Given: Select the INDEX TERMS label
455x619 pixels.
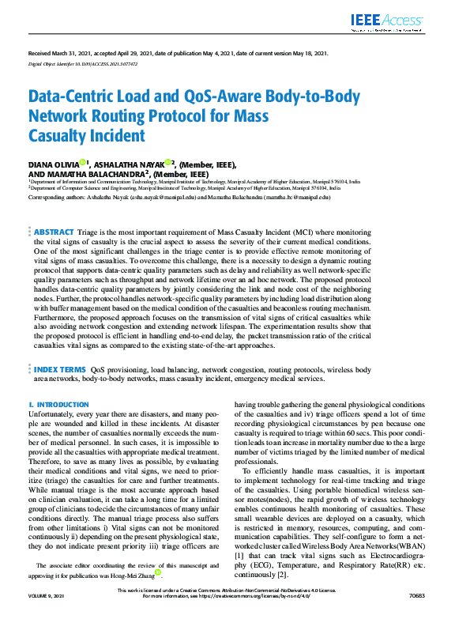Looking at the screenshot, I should pos(60,369).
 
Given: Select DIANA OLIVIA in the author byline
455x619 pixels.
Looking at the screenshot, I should pos(53,163).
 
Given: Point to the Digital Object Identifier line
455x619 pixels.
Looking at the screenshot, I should pos(83,62).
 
